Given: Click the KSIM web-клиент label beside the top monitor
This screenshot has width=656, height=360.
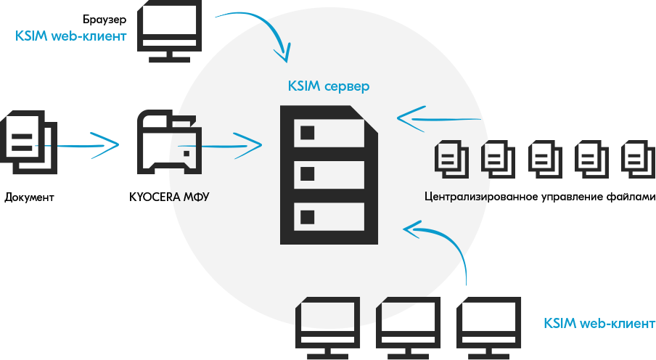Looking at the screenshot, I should (71, 34).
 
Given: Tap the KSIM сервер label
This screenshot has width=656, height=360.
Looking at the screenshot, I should (328, 87).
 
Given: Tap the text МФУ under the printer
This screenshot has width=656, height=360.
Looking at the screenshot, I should (195, 197).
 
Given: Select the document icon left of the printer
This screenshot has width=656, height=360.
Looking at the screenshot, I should (28, 143).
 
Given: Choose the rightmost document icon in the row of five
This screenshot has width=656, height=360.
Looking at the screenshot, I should (637, 158).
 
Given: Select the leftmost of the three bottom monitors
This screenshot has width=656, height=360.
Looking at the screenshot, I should (329, 325).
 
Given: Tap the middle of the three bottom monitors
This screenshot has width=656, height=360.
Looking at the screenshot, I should (409, 325).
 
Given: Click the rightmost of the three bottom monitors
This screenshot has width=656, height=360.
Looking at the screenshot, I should (488, 325).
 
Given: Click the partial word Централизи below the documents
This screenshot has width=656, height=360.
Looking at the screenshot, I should (456, 197).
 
